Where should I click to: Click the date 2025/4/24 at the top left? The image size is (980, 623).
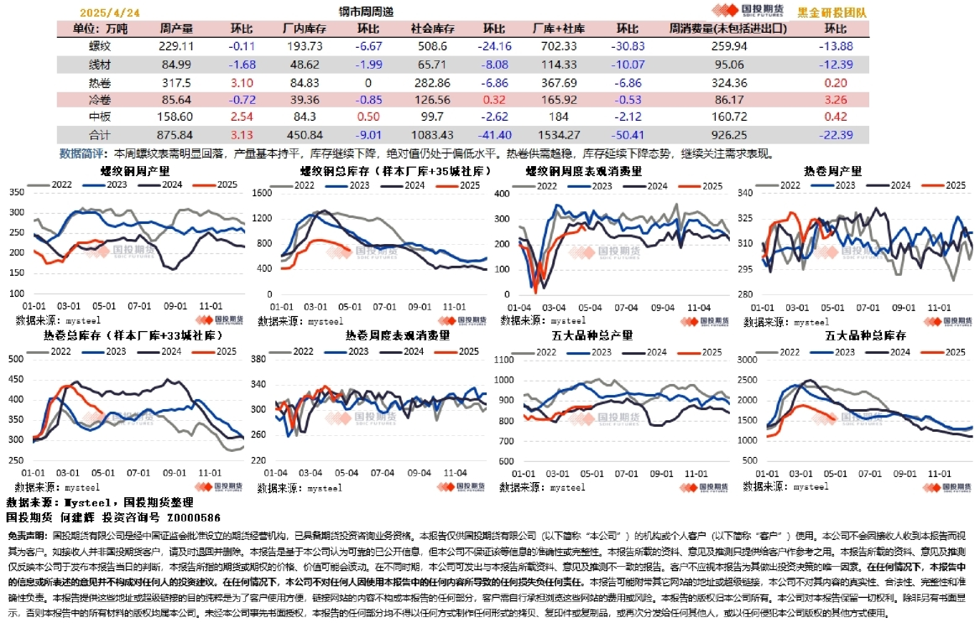(108, 13)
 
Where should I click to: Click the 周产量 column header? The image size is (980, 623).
(175, 29)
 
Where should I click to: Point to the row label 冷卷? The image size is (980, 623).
(101, 100)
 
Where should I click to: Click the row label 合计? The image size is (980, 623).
(101, 135)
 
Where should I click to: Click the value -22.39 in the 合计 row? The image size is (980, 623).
(836, 135)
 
